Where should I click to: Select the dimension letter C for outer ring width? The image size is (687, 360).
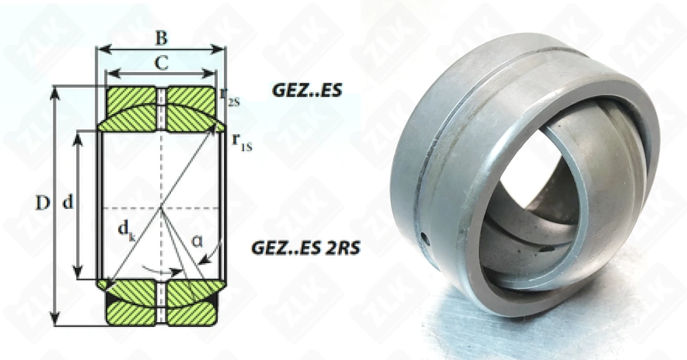pos(161,63)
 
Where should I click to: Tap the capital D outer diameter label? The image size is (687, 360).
pos(43,204)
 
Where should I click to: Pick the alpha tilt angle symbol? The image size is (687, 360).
pos(197,241)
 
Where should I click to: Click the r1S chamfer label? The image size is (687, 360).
pos(241,142)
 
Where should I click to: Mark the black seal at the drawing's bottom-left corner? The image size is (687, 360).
pos(108,303)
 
